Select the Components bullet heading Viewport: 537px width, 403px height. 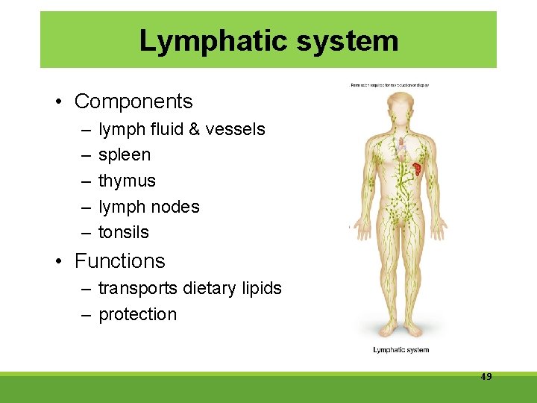[x=134, y=101]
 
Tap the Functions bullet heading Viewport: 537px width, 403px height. [x=119, y=261]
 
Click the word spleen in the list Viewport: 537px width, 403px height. [x=125, y=155]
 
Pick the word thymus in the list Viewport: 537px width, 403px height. [x=127, y=181]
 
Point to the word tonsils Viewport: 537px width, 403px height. [x=124, y=232]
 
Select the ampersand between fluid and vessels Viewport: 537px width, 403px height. [x=195, y=129]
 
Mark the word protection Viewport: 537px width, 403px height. [x=138, y=314]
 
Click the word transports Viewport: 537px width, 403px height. [x=136, y=288]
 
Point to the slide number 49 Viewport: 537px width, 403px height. [x=486, y=377]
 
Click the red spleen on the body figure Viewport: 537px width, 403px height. [x=418, y=169]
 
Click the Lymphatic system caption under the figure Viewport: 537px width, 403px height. [x=401, y=350]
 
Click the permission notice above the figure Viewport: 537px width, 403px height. [x=390, y=85]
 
